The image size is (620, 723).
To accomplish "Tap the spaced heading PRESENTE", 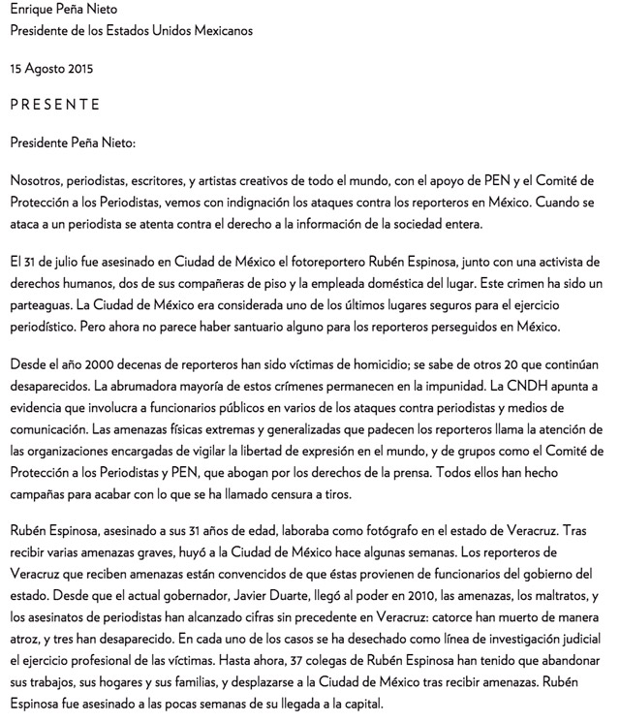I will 54,105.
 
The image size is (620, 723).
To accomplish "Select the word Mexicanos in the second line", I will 220,30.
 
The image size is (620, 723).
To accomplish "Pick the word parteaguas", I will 43,305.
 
